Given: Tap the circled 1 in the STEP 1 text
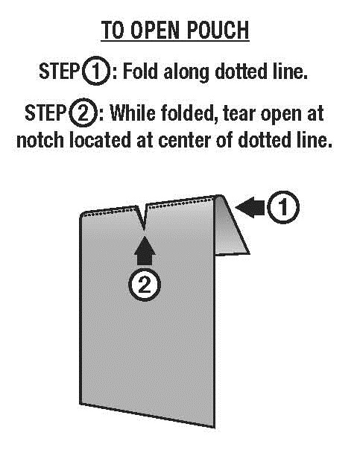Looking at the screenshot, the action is coord(96,71).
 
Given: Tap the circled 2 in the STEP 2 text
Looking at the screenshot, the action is coord(83,112).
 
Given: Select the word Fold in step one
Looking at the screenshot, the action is coord(140,71).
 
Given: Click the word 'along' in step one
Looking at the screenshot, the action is coord(186,73).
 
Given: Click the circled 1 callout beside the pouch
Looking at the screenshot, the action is coord(283,207).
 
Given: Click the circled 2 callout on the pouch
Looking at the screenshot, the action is coord(144,285).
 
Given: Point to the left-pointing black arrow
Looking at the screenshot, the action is coord(250,207).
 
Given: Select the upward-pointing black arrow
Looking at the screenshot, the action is coord(145,250).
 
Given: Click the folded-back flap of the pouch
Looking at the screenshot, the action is coord(230,226).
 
